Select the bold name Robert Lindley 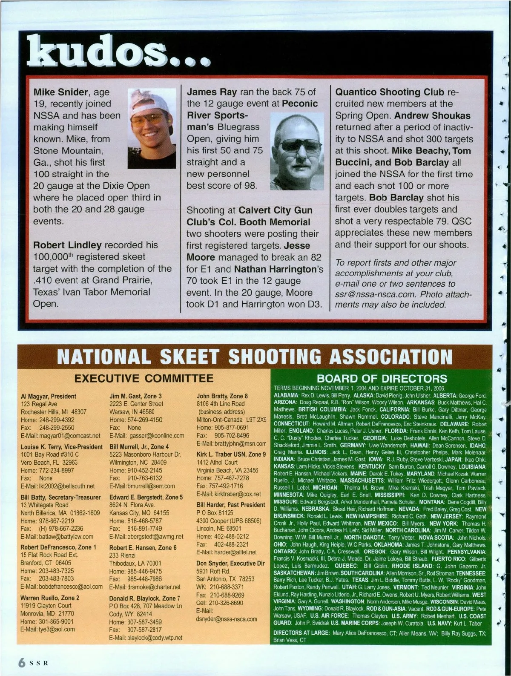pyautogui.click(x=67, y=245)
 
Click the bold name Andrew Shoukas pyautogui.click(x=433, y=115)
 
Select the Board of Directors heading pyautogui.click(x=382, y=378)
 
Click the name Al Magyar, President pyautogui.click(x=49, y=396)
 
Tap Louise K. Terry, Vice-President pyautogui.click(x=62, y=447)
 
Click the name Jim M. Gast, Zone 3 pyautogui.click(x=135, y=396)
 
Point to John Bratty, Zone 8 pyautogui.click(x=222, y=396)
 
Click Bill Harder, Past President pyautogui.click(x=231, y=505)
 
